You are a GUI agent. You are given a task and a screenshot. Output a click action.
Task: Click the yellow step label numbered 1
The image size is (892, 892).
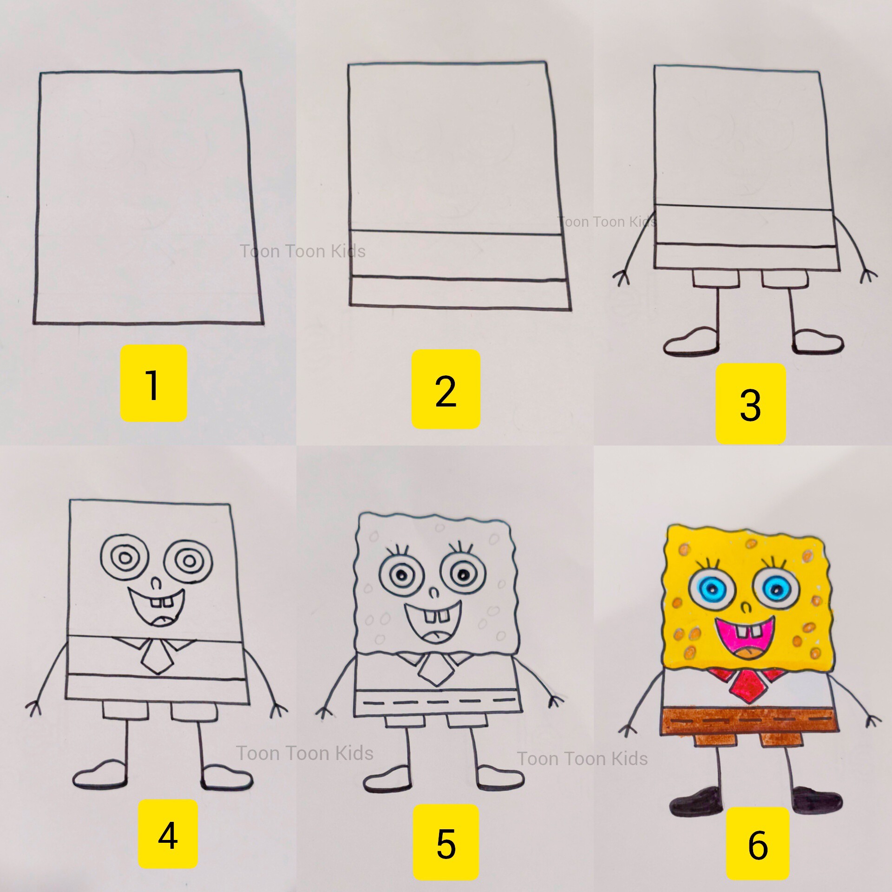click(x=154, y=383)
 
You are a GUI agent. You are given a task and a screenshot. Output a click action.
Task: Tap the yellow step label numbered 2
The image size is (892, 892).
click(x=446, y=389)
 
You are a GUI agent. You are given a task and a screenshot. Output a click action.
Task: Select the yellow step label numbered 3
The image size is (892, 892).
click(x=750, y=403)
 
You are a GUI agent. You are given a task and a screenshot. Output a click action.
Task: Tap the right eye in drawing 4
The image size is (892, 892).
click(x=189, y=561)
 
